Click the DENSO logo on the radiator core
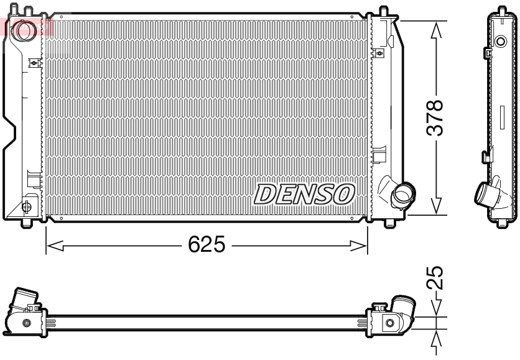[304, 195]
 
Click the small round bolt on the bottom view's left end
[26, 323]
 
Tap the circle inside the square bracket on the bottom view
[389, 322]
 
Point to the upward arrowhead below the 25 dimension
[437, 335]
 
